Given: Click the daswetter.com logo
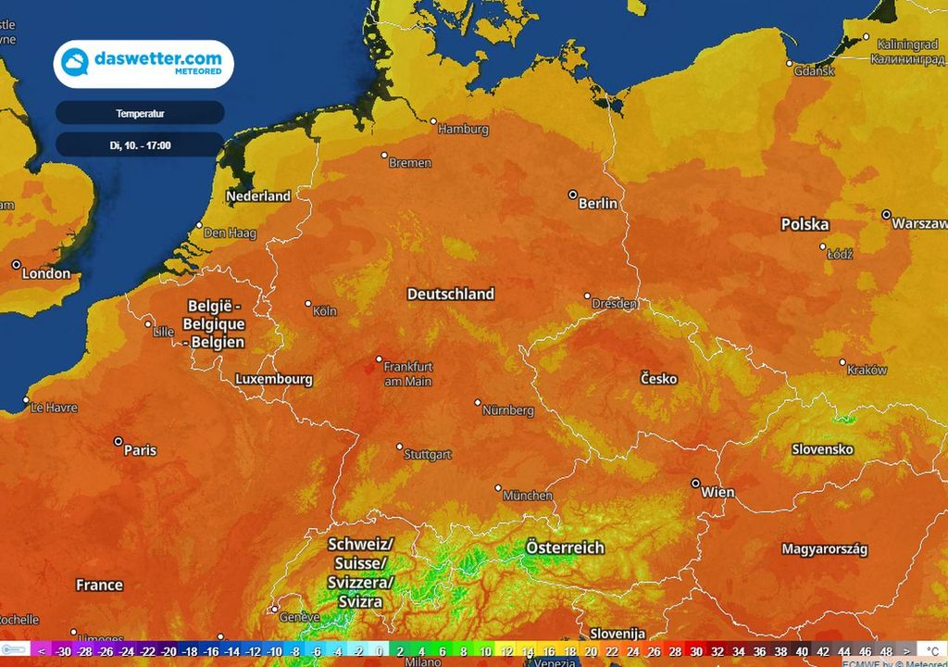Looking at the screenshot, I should click(143, 63).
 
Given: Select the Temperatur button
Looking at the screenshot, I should click(140, 113).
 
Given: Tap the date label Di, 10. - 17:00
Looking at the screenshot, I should click(140, 145).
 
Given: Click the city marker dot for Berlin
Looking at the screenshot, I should click(573, 195).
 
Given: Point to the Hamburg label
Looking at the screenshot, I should click(463, 130).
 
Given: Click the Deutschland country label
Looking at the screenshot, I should click(451, 294).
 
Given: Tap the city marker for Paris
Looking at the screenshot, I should click(118, 441).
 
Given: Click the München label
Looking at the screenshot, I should click(528, 496).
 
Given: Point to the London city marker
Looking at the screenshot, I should click(17, 264).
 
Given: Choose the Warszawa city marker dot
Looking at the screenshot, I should click(886, 214).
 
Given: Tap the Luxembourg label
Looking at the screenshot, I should click(274, 379).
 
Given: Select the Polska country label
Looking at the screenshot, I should click(805, 224).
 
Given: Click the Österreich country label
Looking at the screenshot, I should click(565, 547).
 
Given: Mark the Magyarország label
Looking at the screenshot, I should click(825, 549).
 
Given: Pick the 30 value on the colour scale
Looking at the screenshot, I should click(696, 652).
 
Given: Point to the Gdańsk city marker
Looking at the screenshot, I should click(790, 63).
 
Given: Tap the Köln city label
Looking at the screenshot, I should click(325, 311).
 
